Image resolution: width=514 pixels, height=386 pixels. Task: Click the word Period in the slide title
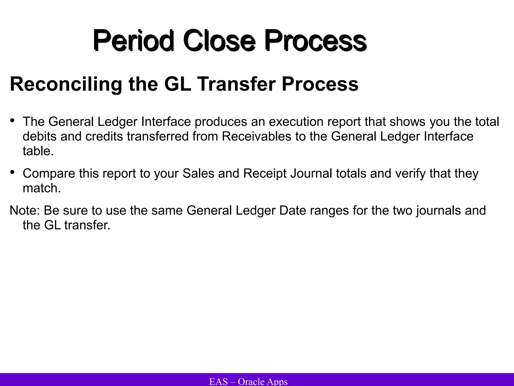point(133,40)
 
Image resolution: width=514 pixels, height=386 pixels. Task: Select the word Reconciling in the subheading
point(66,84)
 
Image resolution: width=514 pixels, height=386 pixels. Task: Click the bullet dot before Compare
point(12,172)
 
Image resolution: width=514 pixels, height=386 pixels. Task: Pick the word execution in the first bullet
point(296,122)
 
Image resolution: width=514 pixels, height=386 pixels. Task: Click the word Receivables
point(256,136)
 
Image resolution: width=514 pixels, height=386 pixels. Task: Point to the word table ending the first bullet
point(38,151)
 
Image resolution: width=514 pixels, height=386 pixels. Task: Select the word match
point(41,188)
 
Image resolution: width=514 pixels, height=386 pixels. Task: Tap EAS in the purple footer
point(218,381)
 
